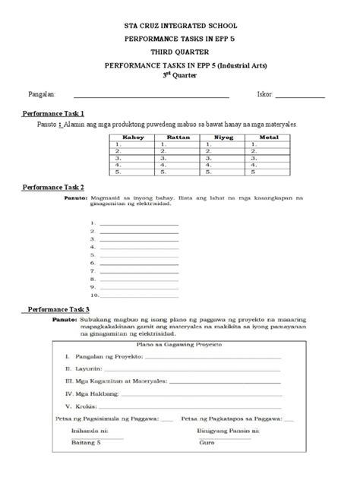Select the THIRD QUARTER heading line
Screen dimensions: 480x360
[180, 53]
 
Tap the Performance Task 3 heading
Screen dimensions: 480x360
[58, 309]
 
